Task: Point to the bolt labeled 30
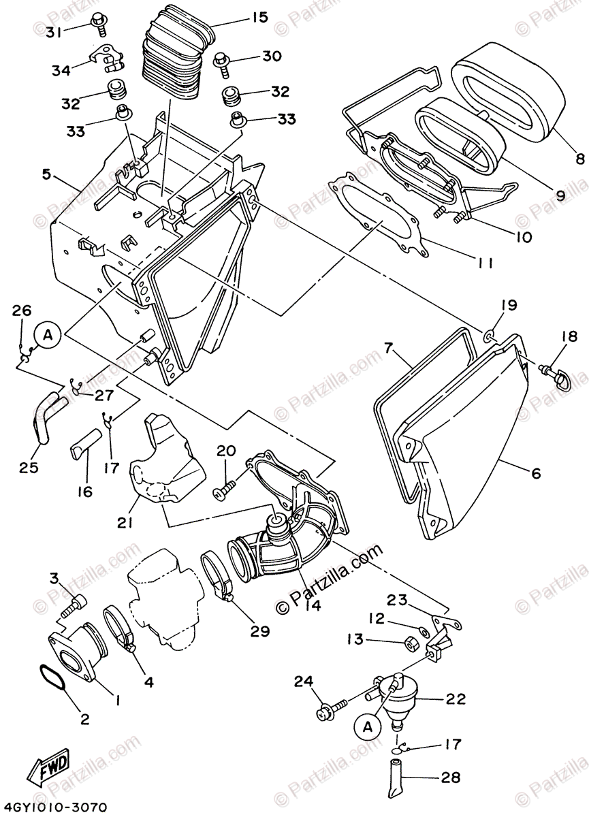[x=223, y=61]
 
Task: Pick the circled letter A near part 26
[x=48, y=334]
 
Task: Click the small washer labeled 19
[x=489, y=335]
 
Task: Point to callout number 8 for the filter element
[x=579, y=159]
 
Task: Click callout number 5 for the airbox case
[x=46, y=174]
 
